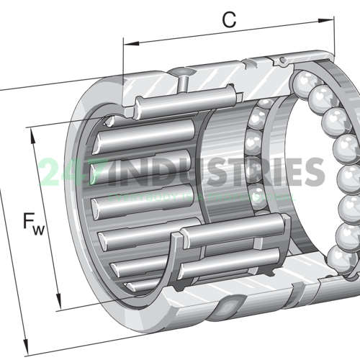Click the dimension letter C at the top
point(229,20)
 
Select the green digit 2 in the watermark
point(49,173)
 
